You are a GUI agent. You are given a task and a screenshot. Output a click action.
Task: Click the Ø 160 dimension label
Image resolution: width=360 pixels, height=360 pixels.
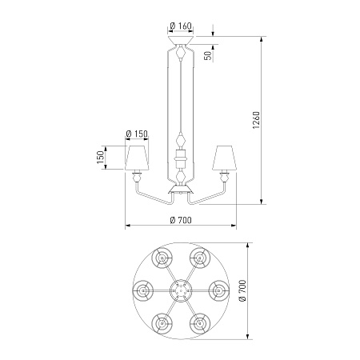181,26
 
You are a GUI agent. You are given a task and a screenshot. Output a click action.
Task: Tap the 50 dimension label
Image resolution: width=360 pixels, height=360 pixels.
208,55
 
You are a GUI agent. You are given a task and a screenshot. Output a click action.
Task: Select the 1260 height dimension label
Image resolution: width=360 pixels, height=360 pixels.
256,120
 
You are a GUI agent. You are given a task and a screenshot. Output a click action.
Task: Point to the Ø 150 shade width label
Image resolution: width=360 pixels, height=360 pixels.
137,134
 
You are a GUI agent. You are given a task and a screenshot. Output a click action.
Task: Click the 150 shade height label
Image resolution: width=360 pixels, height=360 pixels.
100,158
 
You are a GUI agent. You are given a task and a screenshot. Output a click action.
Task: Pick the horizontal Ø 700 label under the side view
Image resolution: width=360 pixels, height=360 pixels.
181,220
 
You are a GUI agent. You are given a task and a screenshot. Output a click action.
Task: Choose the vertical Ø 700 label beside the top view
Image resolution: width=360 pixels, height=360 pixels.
242,290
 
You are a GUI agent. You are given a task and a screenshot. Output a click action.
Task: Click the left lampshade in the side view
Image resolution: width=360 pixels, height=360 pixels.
137,158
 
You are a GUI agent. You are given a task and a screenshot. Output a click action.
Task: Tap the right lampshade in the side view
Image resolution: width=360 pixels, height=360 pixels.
225,158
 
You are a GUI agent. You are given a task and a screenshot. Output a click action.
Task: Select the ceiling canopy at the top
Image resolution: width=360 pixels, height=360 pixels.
181,40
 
